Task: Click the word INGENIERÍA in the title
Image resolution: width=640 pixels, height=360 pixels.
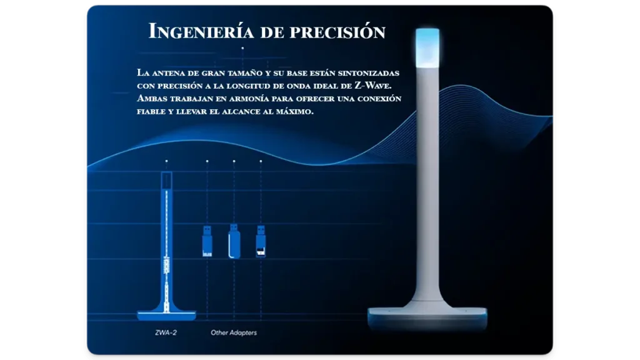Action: point(201,31)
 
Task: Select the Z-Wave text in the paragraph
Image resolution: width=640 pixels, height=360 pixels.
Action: point(372,86)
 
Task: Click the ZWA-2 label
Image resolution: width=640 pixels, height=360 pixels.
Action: point(166,332)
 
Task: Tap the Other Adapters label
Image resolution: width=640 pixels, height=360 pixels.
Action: point(234,332)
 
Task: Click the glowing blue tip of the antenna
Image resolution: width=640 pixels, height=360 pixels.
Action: point(427,47)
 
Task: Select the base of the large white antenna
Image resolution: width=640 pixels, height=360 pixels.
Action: point(427,317)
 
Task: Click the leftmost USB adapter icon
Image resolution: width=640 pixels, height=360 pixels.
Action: point(207,241)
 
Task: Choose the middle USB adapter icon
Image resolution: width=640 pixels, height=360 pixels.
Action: point(234,241)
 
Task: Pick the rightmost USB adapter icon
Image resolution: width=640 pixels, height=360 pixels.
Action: point(261,241)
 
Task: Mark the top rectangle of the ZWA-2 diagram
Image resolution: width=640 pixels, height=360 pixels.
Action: point(166,181)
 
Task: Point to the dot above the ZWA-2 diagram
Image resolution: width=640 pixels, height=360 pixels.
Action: point(166,161)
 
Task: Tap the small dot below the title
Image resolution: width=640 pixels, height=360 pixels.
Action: point(242,48)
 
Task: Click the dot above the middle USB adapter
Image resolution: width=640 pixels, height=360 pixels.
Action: point(234,161)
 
